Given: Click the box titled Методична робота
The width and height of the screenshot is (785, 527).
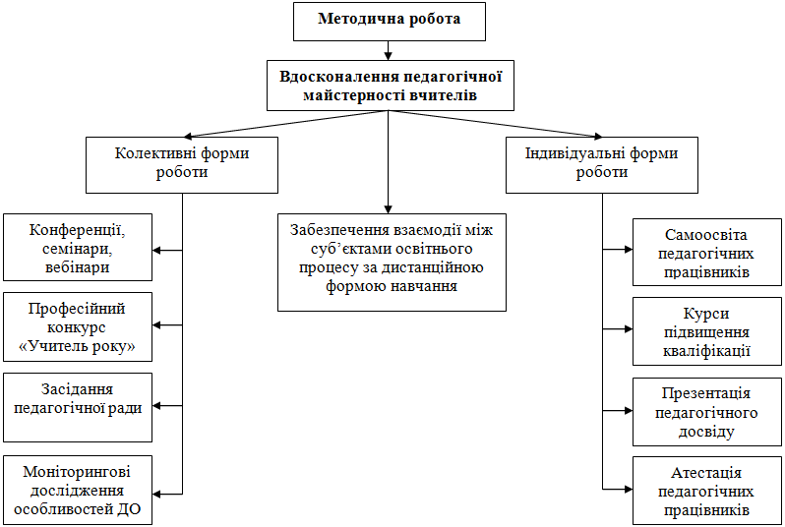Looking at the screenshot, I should tap(390, 20).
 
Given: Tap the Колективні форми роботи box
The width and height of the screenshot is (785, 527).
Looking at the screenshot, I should tap(182, 163).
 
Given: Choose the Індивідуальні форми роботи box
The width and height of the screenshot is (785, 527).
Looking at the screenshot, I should tap(602, 163).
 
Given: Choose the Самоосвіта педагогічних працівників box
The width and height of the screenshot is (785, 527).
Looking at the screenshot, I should tap(706, 253).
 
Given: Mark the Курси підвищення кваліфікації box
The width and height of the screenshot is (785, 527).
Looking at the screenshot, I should tap(706, 331).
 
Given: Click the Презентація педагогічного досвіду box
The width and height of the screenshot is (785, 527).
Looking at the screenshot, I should tap(706, 411).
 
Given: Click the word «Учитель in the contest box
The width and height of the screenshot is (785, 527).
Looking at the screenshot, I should tap(53, 347).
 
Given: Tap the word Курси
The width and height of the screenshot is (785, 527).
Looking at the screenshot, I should tap(706, 313).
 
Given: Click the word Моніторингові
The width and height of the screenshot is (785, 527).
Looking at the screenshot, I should tap(77, 471).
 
